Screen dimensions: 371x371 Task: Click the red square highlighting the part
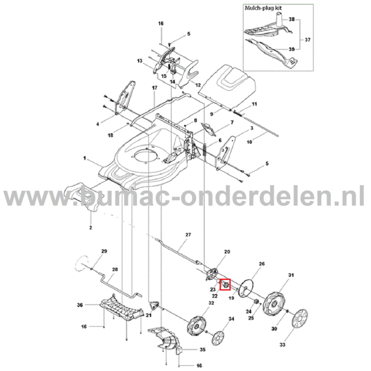click(226, 285)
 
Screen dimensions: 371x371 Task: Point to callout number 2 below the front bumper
click(90, 227)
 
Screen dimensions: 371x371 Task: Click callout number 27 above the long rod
click(188, 234)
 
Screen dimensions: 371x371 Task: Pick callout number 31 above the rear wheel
click(290, 275)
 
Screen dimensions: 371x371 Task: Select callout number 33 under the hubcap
click(297, 345)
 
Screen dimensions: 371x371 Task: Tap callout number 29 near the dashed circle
click(104, 251)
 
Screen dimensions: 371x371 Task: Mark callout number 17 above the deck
click(154, 87)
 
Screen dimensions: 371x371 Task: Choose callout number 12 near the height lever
click(198, 85)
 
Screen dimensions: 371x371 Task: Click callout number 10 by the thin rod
click(249, 143)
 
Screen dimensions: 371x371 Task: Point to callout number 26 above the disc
click(261, 263)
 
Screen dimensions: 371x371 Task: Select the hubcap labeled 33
click(300, 321)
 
